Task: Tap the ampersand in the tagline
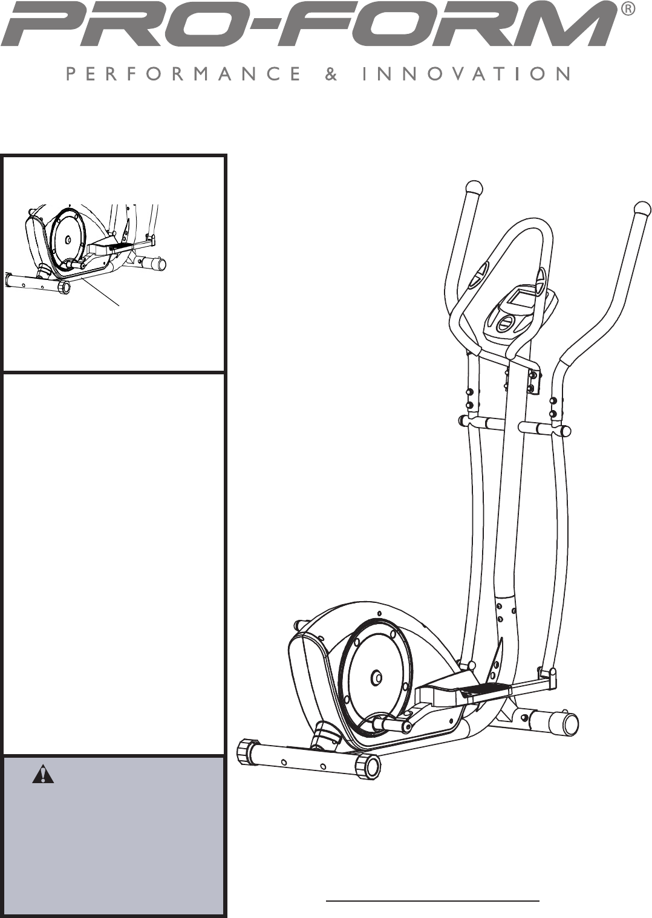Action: [x=331, y=74]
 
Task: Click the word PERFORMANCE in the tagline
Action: [x=184, y=74]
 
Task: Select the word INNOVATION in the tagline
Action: [x=466, y=74]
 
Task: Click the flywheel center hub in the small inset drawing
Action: [x=68, y=239]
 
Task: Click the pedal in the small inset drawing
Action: [x=121, y=246]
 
